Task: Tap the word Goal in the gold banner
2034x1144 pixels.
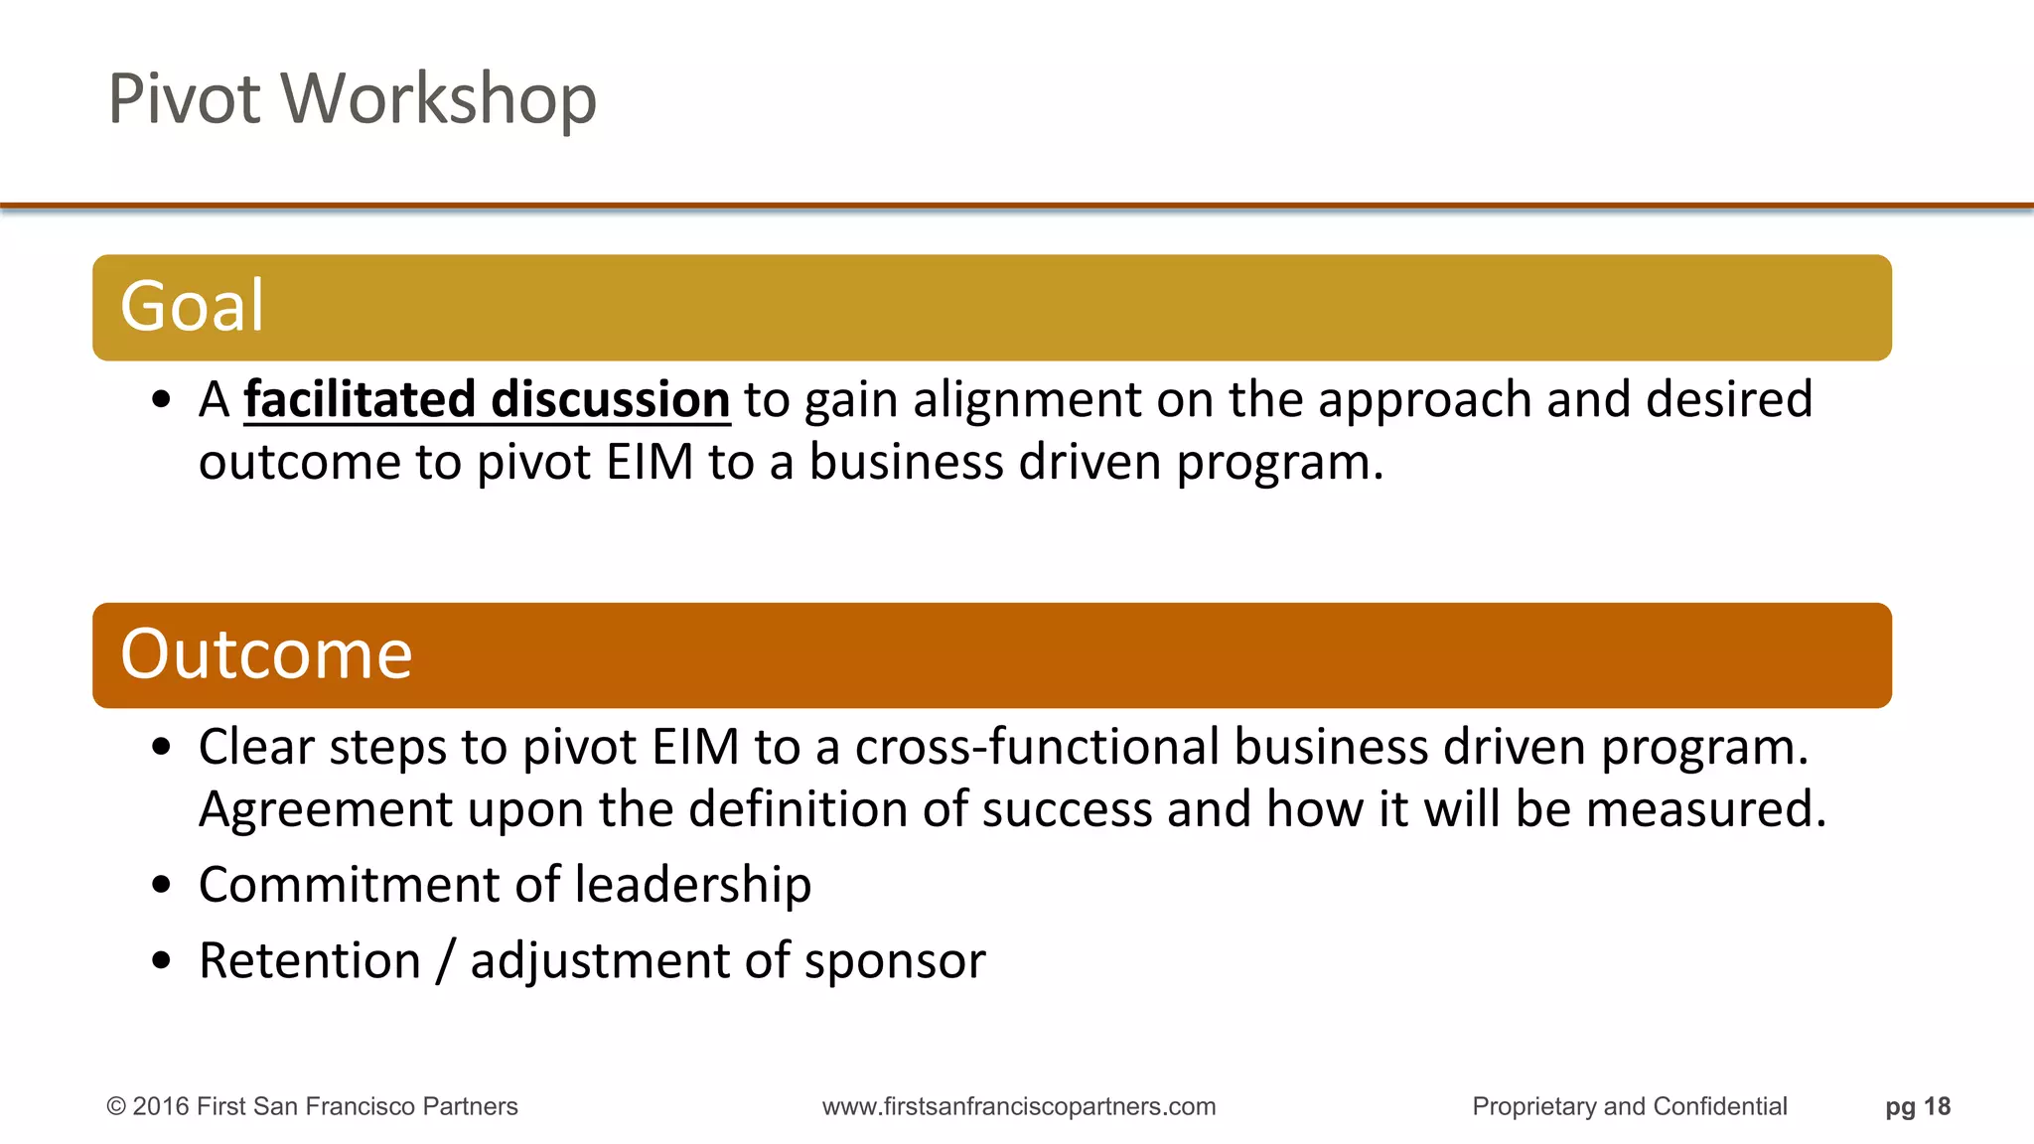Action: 192,306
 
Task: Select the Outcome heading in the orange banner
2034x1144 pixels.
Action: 265,654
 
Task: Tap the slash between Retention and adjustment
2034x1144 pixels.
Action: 446,961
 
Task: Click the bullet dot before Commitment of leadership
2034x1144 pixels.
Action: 162,885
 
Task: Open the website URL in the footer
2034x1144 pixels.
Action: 1018,1106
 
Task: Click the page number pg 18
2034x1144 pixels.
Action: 1917,1106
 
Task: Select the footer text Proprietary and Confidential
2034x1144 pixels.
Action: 1629,1106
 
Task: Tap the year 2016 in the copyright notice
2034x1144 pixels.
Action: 162,1106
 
